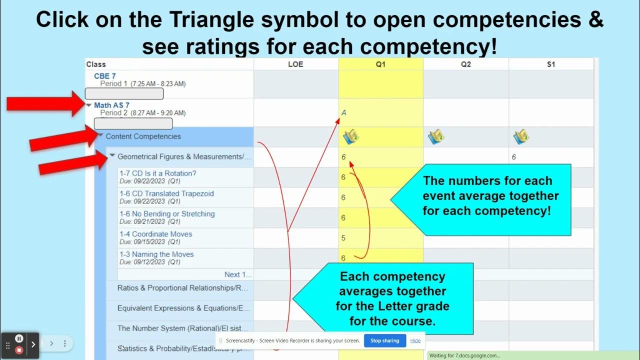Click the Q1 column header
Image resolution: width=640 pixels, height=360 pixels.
(380, 64)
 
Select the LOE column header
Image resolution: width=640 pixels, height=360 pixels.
(295, 64)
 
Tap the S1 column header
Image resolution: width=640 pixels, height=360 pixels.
(550, 64)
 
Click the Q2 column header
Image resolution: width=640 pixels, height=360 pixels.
(465, 64)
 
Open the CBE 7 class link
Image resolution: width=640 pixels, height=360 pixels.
(104, 76)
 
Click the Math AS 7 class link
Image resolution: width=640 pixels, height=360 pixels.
(111, 105)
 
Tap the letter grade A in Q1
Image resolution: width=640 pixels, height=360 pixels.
(343, 113)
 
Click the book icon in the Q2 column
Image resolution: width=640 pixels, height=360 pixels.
(436, 136)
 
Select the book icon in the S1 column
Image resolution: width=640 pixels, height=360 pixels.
(521, 136)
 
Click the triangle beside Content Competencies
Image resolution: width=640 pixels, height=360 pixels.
(100, 135)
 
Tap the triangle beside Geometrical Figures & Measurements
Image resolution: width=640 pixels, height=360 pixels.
(112, 155)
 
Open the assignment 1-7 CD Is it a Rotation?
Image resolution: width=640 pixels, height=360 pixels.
(157, 173)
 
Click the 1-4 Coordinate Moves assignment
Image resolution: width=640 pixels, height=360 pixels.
(155, 234)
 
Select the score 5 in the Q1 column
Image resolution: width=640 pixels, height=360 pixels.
(343, 238)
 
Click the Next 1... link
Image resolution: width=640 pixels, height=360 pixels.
(238, 274)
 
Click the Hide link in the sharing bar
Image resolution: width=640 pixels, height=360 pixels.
(415, 340)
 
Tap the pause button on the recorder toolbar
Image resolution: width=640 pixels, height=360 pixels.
(19, 338)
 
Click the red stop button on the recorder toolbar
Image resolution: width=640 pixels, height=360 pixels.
(19, 349)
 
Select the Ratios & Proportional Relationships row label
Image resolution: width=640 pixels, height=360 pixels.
(182, 288)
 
